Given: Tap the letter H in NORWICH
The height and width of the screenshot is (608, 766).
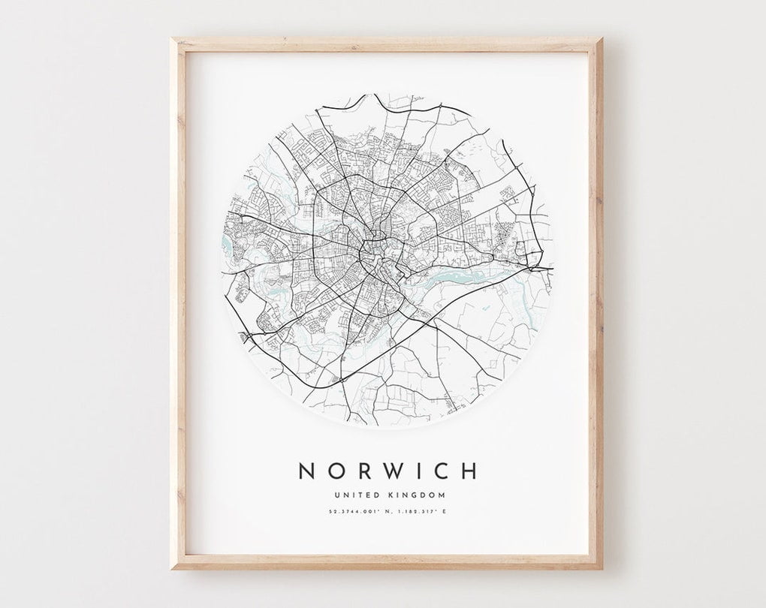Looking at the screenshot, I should [469, 471].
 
